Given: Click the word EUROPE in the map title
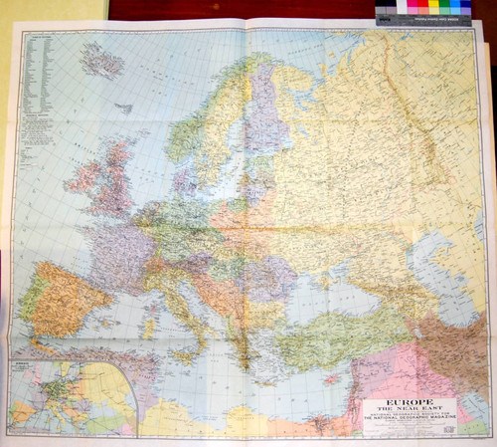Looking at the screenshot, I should (x=408, y=403).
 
